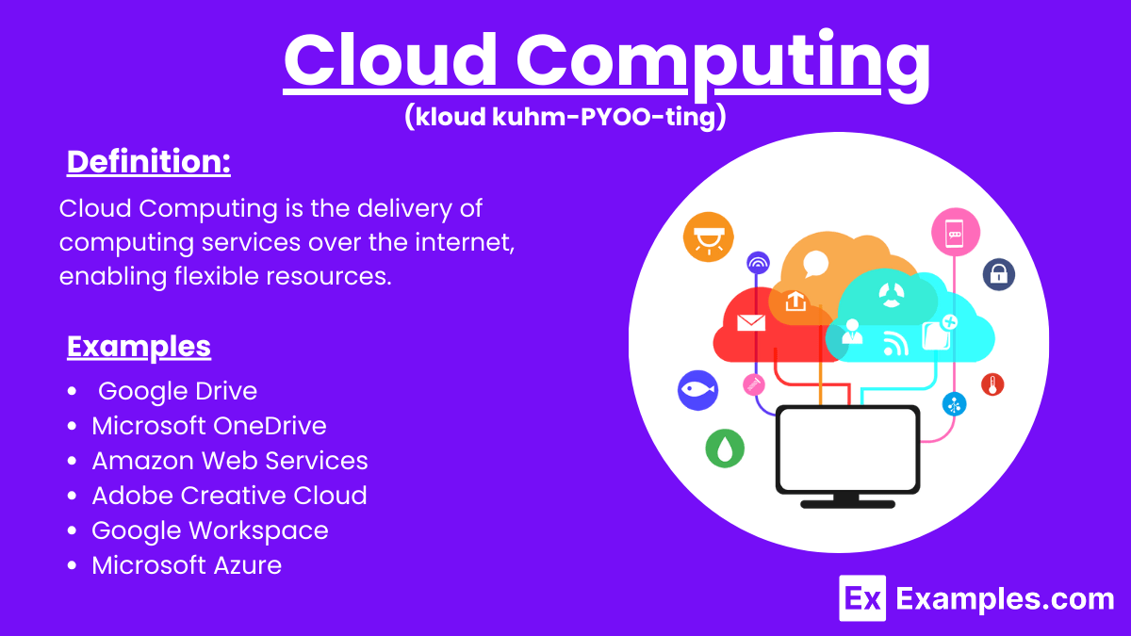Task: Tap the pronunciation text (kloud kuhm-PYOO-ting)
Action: pyautogui.click(x=565, y=117)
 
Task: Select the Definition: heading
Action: pyautogui.click(x=149, y=162)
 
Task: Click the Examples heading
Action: pyautogui.click(x=139, y=347)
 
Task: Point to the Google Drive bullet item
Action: pyautogui.click(x=177, y=391)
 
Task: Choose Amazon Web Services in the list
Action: pyautogui.click(x=229, y=461)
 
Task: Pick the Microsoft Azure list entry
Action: pyautogui.click(x=187, y=565)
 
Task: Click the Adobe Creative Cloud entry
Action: pyautogui.click(x=229, y=496)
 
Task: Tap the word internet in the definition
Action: pyautogui.click(x=463, y=242)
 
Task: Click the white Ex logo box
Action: pyautogui.click(x=862, y=598)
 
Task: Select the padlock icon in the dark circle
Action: pyautogui.click(x=998, y=274)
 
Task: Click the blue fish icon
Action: pyautogui.click(x=697, y=389)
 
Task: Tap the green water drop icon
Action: pyautogui.click(x=725, y=448)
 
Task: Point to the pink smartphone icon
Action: pyautogui.click(x=955, y=232)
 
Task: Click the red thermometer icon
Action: pyautogui.click(x=992, y=384)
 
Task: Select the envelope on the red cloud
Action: pyautogui.click(x=751, y=323)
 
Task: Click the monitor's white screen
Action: pyautogui.click(x=846, y=449)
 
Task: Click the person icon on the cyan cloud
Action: pyautogui.click(x=853, y=331)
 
